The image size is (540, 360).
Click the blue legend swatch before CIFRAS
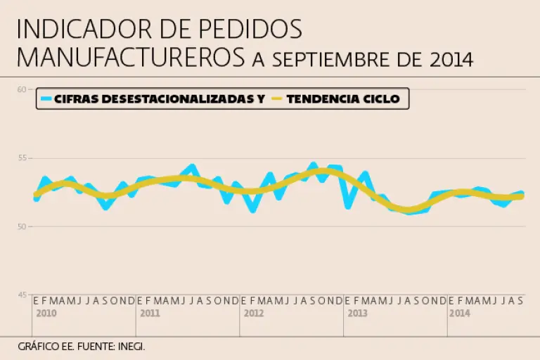click(46, 99)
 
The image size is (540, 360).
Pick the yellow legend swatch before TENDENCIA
click(276, 99)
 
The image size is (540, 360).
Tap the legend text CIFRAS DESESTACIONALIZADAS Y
click(160, 99)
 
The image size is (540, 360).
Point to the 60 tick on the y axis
click(22, 89)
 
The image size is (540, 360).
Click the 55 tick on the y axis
click(22, 158)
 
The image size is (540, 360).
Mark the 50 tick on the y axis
click(22, 226)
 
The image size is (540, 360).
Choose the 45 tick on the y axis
click(22, 295)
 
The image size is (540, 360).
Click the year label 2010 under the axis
click(46, 313)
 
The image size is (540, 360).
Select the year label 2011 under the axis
click(150, 313)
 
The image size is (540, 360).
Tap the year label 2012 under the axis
click(253, 313)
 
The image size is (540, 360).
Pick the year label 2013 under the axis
click(357, 313)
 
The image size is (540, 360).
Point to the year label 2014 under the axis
click(460, 313)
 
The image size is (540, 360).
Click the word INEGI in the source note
click(131, 347)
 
